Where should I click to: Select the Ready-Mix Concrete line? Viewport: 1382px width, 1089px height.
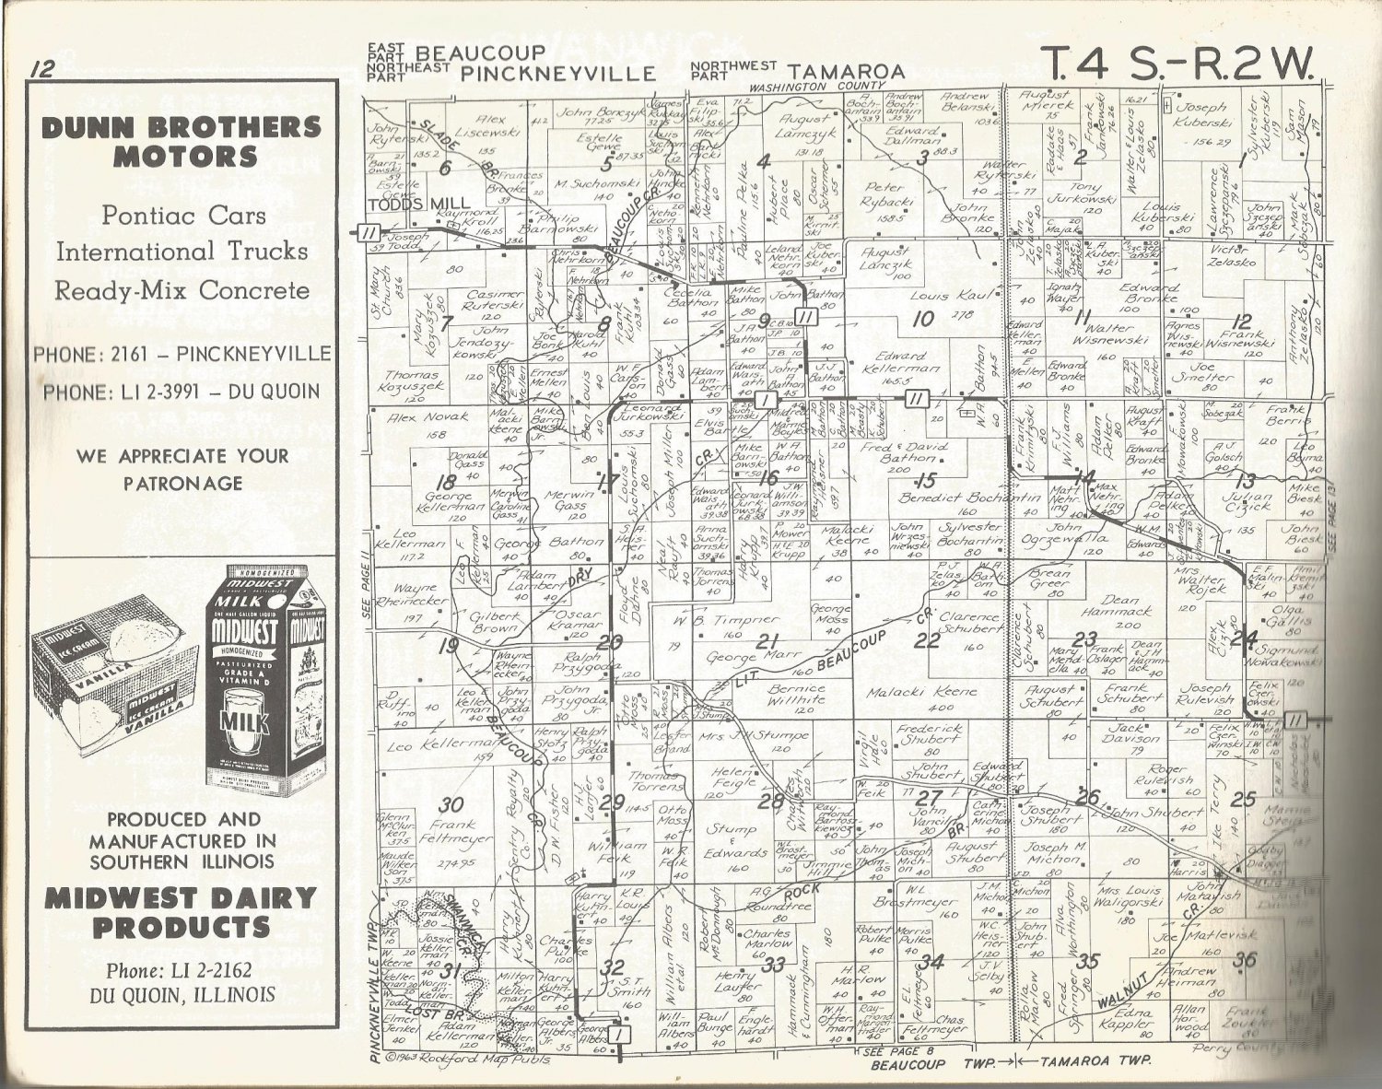coord(182,291)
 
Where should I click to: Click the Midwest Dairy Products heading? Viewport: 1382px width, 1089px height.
coord(182,912)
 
